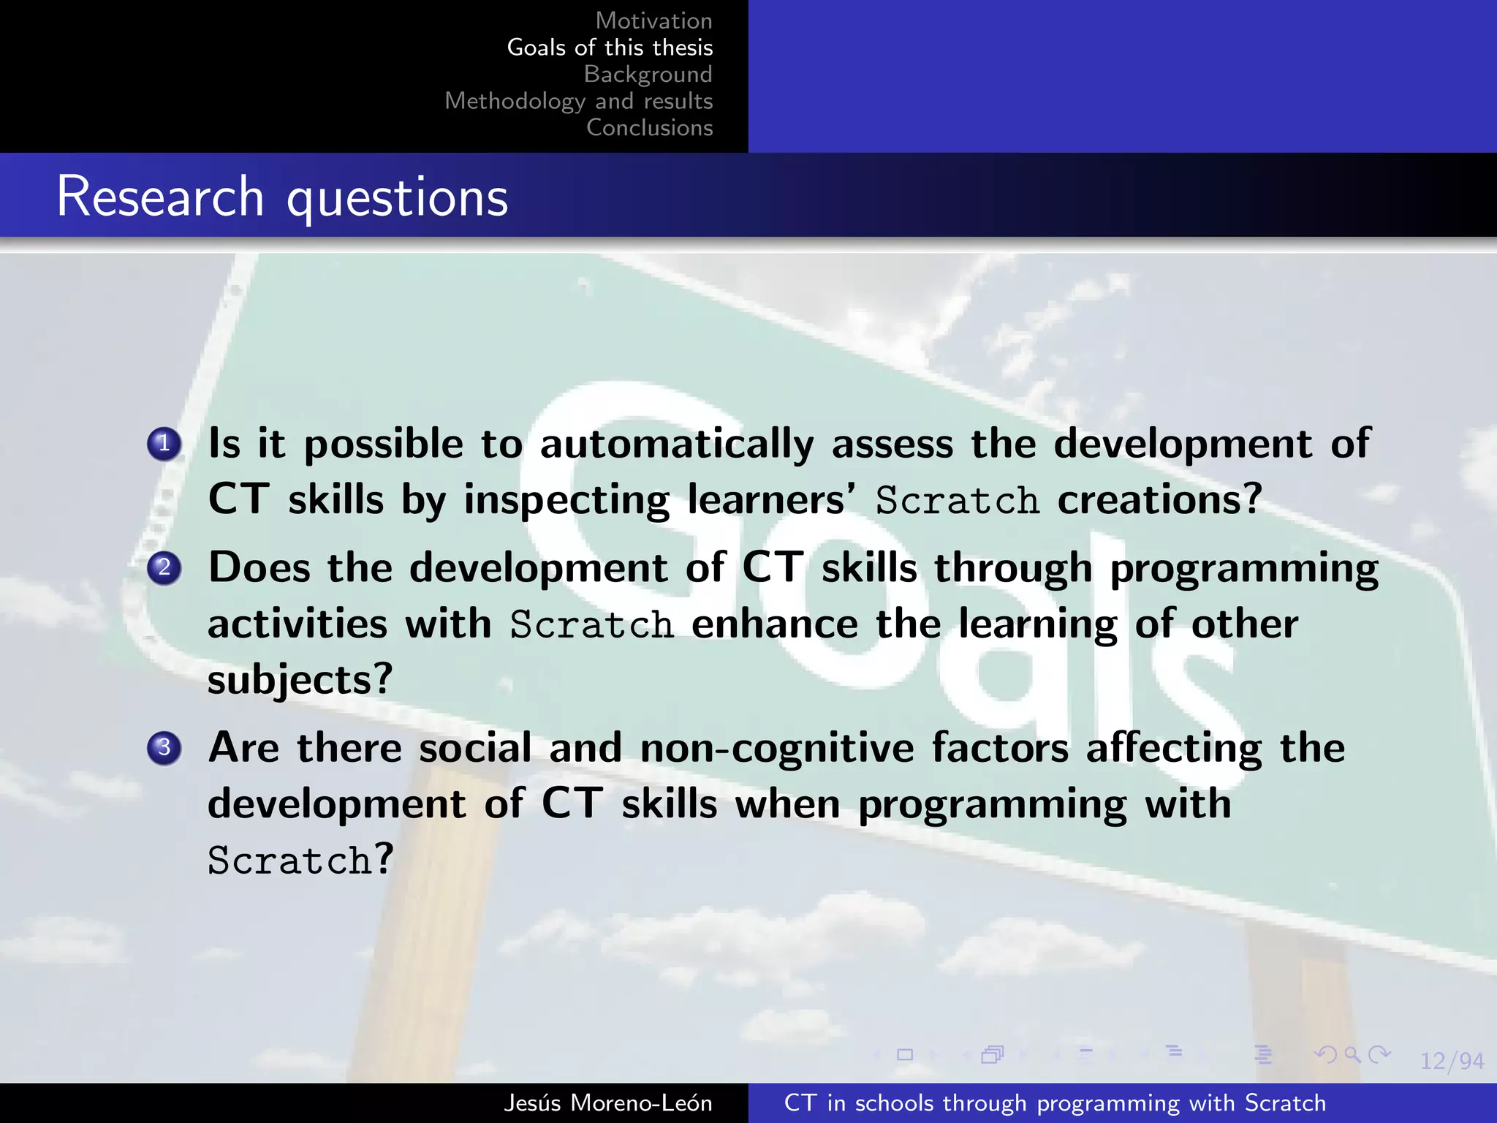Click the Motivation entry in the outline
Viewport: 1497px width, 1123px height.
[x=653, y=20]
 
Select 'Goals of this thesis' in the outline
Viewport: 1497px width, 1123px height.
[x=610, y=48]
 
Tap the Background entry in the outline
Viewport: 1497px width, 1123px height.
[x=648, y=74]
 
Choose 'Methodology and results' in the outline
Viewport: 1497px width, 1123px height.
[x=578, y=101]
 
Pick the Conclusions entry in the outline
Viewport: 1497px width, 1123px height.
[x=649, y=127]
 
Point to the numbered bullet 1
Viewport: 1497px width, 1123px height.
[x=164, y=444]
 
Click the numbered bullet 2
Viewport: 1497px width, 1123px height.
[x=164, y=567]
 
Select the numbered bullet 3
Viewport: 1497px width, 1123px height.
[x=164, y=748]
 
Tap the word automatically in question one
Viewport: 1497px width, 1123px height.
[x=676, y=444]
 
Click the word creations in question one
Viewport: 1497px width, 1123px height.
[x=1159, y=500]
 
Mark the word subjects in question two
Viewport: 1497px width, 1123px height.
[x=300, y=680]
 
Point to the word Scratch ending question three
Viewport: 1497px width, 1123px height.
[x=290, y=861]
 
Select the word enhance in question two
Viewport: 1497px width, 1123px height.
[x=775, y=624]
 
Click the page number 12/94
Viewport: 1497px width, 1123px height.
[x=1452, y=1061]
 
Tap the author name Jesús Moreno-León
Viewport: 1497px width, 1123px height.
[x=607, y=1103]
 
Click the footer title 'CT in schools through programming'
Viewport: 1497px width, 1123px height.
[x=1054, y=1103]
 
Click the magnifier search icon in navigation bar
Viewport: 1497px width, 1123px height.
[x=1352, y=1055]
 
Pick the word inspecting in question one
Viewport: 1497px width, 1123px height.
[x=566, y=500]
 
